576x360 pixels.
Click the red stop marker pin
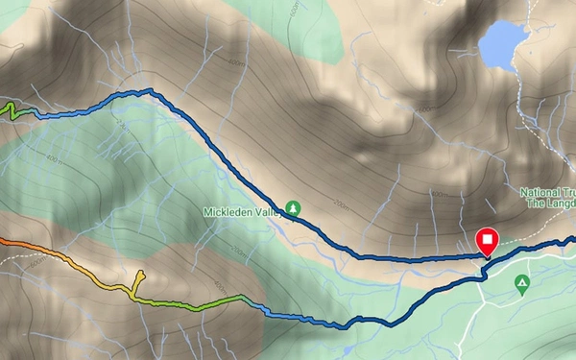(488, 241)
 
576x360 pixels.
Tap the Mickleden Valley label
(240, 210)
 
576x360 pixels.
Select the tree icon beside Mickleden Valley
(293, 206)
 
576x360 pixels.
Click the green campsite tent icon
(521, 284)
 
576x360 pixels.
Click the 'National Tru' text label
(547, 192)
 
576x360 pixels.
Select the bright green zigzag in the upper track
(12, 110)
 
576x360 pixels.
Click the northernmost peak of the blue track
(149, 90)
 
